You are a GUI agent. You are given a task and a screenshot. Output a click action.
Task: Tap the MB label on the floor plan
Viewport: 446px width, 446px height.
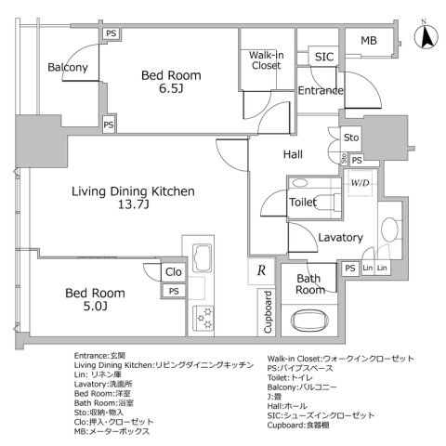[x=367, y=40]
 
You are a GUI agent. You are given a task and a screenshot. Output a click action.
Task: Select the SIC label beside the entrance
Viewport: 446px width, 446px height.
[x=323, y=57]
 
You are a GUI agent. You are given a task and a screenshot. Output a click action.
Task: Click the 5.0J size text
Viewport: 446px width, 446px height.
[x=95, y=307]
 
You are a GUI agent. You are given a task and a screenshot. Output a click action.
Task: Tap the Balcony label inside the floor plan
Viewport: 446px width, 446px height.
[x=68, y=67]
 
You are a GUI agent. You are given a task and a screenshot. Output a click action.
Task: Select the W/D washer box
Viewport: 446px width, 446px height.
[x=358, y=183]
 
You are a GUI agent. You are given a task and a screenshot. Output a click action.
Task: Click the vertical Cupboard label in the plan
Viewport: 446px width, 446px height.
[x=269, y=315]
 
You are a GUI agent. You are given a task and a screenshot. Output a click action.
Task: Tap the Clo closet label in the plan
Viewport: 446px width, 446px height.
[x=173, y=271]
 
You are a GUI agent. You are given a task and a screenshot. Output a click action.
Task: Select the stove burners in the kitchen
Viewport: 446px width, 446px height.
[x=203, y=316]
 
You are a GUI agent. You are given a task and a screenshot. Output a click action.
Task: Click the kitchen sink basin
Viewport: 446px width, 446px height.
[x=203, y=259]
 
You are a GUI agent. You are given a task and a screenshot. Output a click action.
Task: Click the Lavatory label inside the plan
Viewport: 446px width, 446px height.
[x=339, y=238]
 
